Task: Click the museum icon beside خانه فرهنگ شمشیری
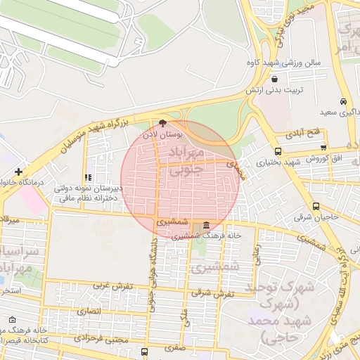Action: [205, 226]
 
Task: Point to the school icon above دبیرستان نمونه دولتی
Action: [87, 178]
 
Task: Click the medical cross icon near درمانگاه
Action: [18, 172]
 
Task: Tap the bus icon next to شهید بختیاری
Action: [278, 151]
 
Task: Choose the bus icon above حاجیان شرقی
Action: [316, 207]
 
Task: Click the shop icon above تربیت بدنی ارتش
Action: [274, 79]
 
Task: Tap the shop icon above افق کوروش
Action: [323, 147]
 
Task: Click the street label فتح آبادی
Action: [303, 133]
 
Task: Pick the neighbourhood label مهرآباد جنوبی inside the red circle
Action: [187, 160]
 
